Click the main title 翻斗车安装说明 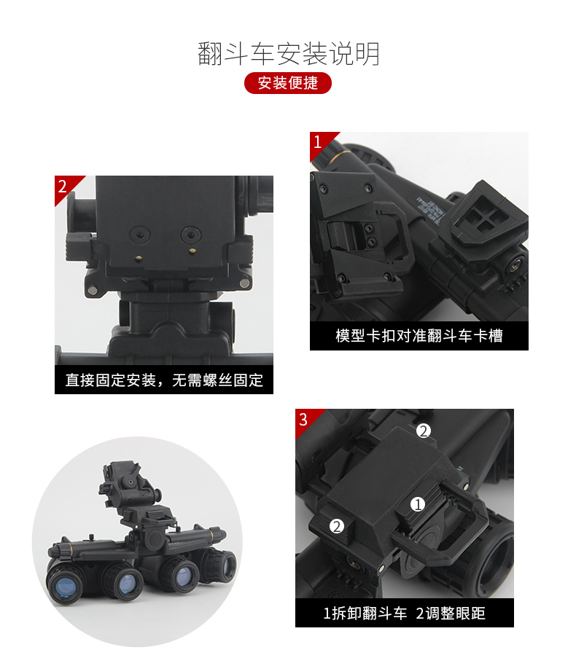coord(289,54)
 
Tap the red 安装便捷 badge coord(288,82)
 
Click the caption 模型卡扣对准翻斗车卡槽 coord(419,336)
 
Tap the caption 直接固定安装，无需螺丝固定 coord(164,380)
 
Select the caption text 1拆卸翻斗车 coord(365,614)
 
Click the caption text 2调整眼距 coord(451,614)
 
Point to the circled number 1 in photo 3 coord(418,504)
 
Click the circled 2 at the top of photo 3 coord(423,431)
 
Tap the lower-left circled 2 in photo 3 coord(337,526)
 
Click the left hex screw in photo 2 coord(140,235)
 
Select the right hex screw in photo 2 coord(191,235)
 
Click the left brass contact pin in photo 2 coord(138,259)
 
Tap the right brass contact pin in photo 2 coord(192,251)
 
